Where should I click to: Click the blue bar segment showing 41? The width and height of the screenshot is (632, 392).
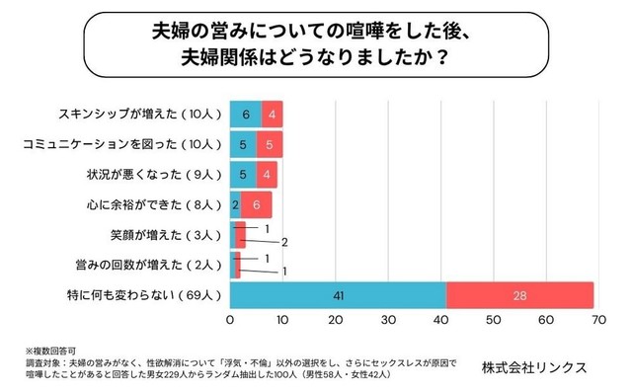coord(337,294)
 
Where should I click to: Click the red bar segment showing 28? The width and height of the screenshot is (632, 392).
coord(519,294)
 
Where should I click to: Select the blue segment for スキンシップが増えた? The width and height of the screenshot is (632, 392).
coord(246,114)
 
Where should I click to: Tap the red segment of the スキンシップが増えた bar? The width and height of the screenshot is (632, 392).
coord(273,114)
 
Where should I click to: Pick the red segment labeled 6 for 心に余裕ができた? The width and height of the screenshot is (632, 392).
coord(256,205)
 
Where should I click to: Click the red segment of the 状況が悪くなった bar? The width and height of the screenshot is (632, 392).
coord(267,175)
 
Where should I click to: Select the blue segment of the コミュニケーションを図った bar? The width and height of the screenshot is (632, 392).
coord(243,144)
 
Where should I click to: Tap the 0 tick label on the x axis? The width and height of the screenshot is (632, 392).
coord(230,320)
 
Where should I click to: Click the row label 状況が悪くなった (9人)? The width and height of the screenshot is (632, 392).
coord(150,175)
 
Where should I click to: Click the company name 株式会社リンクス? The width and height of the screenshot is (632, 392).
coord(533,365)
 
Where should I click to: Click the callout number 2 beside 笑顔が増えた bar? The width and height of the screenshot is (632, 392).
coord(284,242)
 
